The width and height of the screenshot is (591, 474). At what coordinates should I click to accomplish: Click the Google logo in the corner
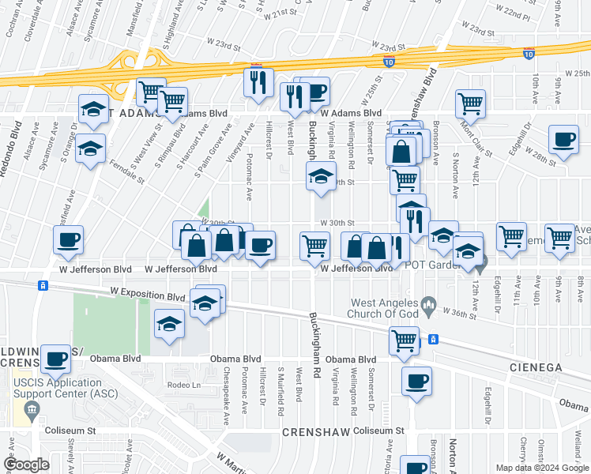pyautogui.click(x=27, y=465)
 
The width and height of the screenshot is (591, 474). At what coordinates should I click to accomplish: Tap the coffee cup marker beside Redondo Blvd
pyautogui.click(x=69, y=239)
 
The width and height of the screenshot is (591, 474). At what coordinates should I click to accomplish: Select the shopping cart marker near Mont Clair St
pyautogui.click(x=470, y=103)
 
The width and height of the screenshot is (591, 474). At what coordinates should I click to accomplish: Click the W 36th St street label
pyautogui.click(x=458, y=314)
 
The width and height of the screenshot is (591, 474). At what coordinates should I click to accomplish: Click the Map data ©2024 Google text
pyautogui.click(x=540, y=468)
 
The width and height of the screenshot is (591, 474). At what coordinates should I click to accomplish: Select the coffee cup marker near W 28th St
pyautogui.click(x=563, y=140)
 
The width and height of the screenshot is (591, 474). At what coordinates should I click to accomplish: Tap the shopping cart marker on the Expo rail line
pyautogui.click(x=404, y=340)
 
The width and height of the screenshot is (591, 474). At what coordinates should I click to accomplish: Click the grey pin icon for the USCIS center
pyautogui.click(x=32, y=409)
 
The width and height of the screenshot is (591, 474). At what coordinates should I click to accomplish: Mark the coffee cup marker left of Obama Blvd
pyautogui.click(x=56, y=359)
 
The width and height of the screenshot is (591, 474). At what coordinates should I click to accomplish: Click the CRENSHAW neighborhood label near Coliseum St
pyautogui.click(x=312, y=434)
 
